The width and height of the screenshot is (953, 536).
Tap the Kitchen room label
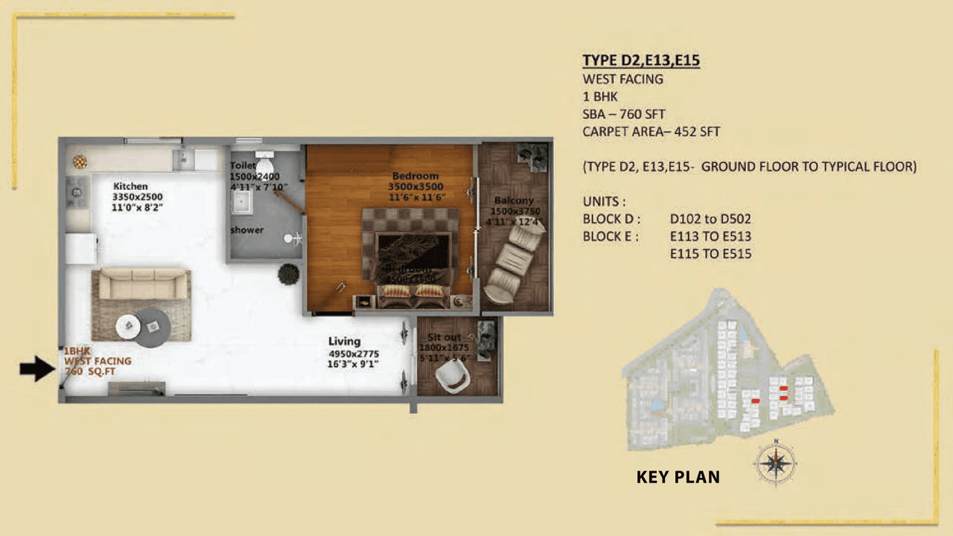tap(130, 186)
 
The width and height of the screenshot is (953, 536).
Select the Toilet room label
tap(243, 165)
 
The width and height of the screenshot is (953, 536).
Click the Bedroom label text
tap(415, 176)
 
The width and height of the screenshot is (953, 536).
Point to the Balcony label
tap(514, 201)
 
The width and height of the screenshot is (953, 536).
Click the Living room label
tap(345, 342)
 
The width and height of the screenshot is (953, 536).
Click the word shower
tap(246, 230)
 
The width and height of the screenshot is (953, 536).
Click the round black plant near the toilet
tap(288, 275)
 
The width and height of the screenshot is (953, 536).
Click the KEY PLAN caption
tap(678, 477)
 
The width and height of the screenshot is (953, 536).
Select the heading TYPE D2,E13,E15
tap(640, 61)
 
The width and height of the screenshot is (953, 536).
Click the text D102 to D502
tap(710, 219)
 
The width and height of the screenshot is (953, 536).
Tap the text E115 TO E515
tap(710, 254)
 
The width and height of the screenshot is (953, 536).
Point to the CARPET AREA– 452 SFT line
tap(651, 133)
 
